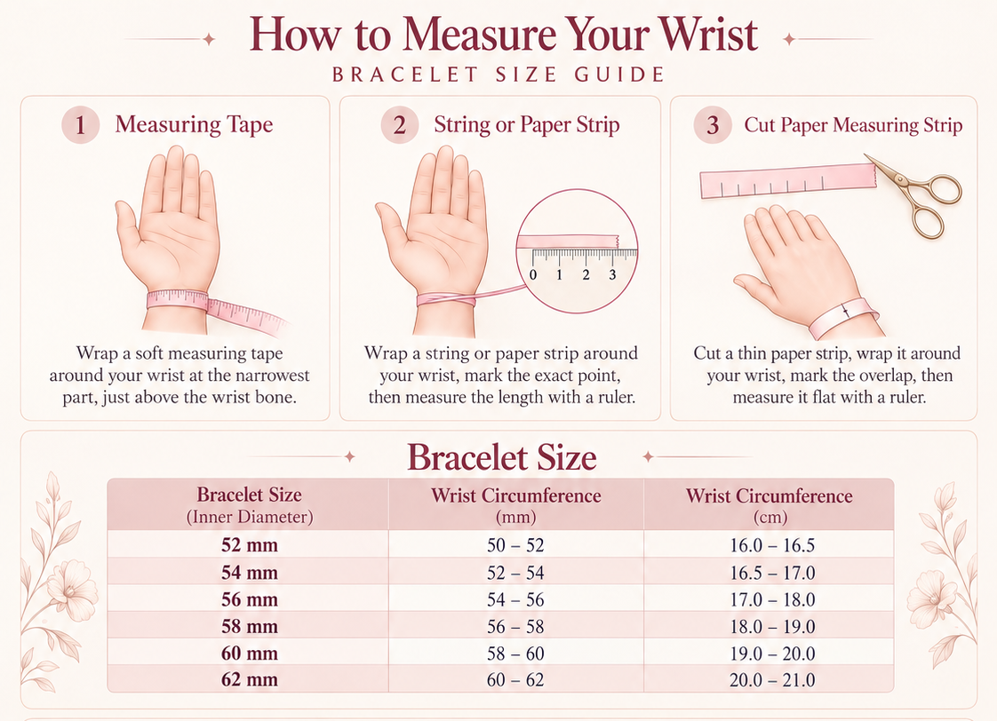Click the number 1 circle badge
(x=80, y=124)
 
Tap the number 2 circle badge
(x=399, y=124)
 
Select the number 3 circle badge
(x=713, y=124)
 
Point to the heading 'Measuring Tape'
(x=194, y=124)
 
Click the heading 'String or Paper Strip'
(x=526, y=124)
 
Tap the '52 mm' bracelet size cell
(x=249, y=545)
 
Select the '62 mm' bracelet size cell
(x=249, y=679)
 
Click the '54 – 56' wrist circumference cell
(x=515, y=599)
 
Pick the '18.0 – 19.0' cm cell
(x=772, y=627)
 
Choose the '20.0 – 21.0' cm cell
(x=772, y=680)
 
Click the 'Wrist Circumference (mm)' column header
(x=515, y=505)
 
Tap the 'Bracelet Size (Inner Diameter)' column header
(x=249, y=504)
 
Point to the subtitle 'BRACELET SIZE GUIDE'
(x=498, y=75)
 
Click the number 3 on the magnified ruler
(x=612, y=274)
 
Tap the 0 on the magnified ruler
(x=533, y=274)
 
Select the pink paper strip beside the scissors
(x=788, y=180)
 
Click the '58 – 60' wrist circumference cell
(x=515, y=654)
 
